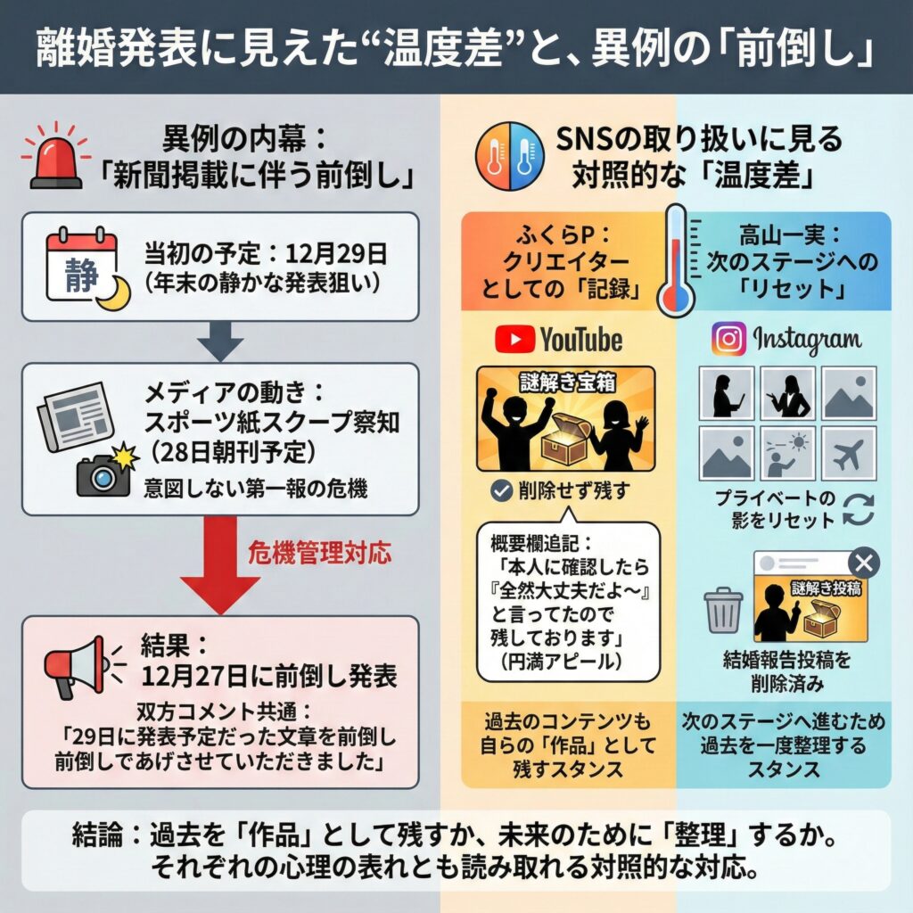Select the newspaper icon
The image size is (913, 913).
coord(76,415)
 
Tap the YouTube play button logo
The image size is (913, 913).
coord(514,340)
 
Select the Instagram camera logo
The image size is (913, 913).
coord(728,339)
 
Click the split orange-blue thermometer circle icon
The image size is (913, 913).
coord(509,157)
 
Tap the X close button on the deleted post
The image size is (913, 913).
coord(864,563)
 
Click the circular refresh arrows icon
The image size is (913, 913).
coord(859,509)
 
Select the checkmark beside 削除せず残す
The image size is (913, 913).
coord(501,491)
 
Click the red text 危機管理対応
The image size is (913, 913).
coord(320,553)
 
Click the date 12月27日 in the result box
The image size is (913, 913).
coord(194,676)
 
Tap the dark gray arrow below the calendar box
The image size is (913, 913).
coord(220,341)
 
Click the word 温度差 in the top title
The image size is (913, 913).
coord(442,48)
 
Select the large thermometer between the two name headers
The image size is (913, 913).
coord(677,261)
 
